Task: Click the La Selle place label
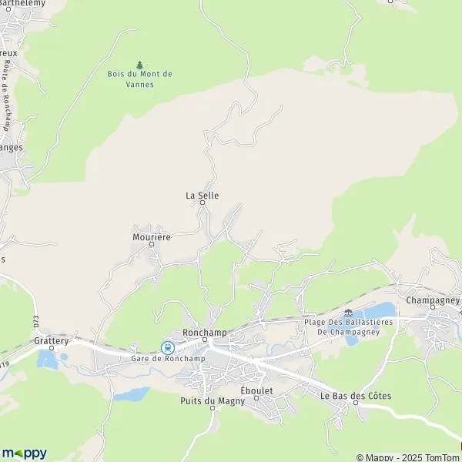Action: tap(202, 196)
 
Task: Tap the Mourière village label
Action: tap(146, 237)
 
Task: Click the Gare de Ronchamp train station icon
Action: tap(166, 347)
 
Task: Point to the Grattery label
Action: tap(52, 340)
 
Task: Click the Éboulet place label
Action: tap(256, 391)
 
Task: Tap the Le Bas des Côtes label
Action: tap(356, 396)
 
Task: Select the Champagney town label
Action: tap(432, 300)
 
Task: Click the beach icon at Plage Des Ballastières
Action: tap(350, 313)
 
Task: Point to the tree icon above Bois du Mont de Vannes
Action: tap(139, 65)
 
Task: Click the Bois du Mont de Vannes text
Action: tap(139, 79)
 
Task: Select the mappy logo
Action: tap(24, 453)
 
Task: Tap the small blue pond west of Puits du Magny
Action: tap(132, 394)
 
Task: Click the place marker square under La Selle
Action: tap(203, 203)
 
